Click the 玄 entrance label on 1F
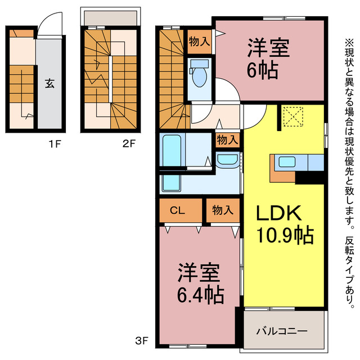tap(49, 84)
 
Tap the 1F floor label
tap(54, 143)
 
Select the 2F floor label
tap(129, 143)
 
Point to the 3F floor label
tap(141, 340)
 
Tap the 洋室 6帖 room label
tap(268, 59)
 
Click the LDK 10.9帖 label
tap(285, 223)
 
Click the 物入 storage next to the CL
tap(222, 211)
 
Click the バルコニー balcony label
tap(282, 331)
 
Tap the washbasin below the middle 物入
tap(227, 161)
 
